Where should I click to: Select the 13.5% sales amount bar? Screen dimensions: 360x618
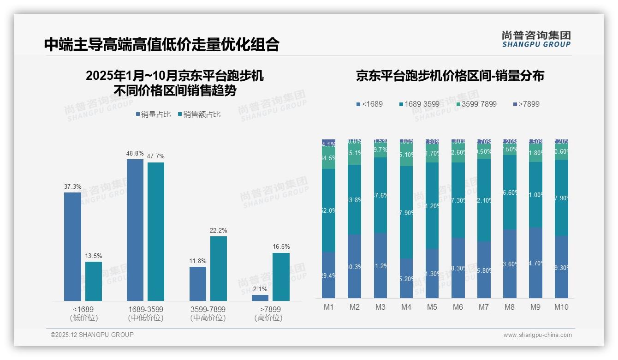click(x=94, y=281)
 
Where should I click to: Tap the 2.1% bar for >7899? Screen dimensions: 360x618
click(x=260, y=298)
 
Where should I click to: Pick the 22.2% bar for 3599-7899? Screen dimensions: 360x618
click(x=219, y=269)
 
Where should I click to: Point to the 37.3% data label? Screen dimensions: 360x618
click(x=72, y=187)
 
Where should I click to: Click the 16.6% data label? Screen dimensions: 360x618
click(x=281, y=247)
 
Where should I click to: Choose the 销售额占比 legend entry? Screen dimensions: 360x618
click(x=199, y=114)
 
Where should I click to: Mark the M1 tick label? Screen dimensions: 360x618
click(x=328, y=307)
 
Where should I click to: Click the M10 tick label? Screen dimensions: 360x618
click(x=561, y=307)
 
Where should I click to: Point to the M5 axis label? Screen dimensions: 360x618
click(x=432, y=307)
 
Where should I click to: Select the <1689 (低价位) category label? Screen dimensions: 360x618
click(x=83, y=313)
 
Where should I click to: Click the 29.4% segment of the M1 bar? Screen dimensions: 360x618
click(x=328, y=275)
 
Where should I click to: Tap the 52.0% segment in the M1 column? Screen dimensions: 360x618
click(x=328, y=210)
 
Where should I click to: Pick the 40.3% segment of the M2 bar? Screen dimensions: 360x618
click(x=354, y=266)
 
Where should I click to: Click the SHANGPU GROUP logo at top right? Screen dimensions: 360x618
click(x=536, y=39)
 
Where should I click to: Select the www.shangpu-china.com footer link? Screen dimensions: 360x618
click(x=537, y=335)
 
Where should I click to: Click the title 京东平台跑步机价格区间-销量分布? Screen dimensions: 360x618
click(x=450, y=76)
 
